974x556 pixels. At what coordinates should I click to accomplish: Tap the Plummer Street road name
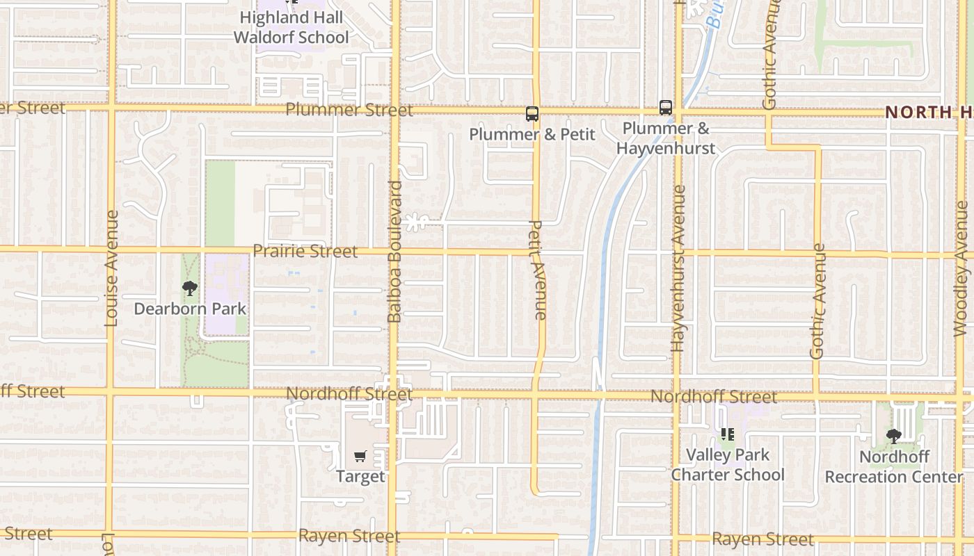point(349,110)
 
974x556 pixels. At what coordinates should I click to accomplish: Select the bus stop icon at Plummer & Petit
point(532,114)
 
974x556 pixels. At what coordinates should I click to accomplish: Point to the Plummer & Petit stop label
point(532,134)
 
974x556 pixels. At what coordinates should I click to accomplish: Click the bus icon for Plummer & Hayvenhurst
point(666,108)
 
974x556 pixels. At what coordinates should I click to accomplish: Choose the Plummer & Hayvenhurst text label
point(666,138)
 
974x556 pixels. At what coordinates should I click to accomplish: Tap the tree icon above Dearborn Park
point(190,288)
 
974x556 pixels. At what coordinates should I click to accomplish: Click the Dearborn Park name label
point(190,309)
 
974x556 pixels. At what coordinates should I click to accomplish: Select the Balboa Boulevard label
point(394,252)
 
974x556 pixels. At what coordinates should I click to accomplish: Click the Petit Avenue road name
point(537,270)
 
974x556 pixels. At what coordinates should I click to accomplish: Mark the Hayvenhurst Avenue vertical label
point(678,268)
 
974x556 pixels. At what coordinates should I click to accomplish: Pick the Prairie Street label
point(305,251)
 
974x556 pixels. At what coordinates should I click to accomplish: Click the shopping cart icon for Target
point(360,457)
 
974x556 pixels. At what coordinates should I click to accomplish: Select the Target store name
point(360,477)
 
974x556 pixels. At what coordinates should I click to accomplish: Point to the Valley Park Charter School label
point(728,465)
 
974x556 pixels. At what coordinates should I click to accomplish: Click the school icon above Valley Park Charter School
point(728,435)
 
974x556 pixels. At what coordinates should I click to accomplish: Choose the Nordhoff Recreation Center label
point(894,467)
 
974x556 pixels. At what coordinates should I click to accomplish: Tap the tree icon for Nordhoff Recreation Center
point(894,436)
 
